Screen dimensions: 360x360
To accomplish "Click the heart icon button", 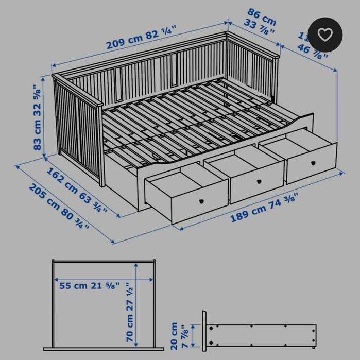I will coord(325,35).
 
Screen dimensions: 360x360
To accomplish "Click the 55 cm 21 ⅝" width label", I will coord(89,285).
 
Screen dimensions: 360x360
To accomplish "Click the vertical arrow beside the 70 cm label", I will coord(136,304).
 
